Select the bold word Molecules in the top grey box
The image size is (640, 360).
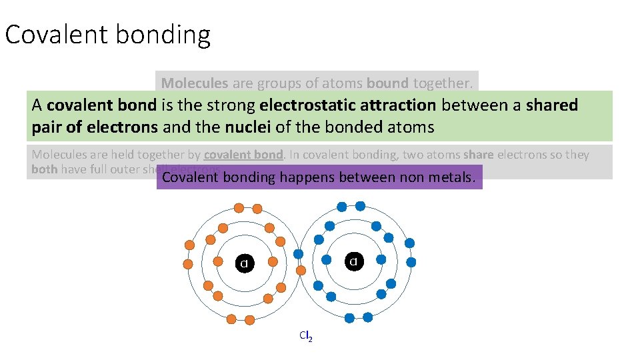tap(195, 83)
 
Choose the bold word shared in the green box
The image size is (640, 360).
tap(551, 105)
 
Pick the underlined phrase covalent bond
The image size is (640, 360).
tap(244, 155)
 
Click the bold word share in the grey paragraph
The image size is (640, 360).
tap(478, 155)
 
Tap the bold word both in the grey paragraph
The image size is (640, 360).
tap(44, 169)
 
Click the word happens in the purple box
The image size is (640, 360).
tap(307, 177)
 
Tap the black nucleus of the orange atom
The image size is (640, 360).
tap(245, 263)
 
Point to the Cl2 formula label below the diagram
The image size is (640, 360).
tap(306, 336)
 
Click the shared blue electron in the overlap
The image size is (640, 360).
tap(299, 254)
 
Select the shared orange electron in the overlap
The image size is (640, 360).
tap(301, 271)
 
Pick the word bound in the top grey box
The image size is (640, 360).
tap(387, 83)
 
